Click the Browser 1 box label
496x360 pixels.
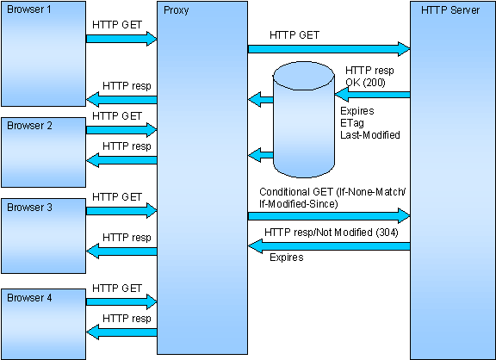28,9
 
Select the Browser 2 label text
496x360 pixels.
29,126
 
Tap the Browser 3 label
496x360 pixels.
29,208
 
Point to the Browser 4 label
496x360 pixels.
29,298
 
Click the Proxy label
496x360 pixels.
177,10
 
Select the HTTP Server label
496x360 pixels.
450,10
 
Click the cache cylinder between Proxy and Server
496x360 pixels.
304,120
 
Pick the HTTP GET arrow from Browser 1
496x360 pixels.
121,39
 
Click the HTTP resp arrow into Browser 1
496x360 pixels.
121,100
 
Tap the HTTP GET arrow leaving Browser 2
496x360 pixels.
121,130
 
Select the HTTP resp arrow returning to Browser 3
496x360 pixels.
121,251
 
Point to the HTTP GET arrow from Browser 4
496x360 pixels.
121,301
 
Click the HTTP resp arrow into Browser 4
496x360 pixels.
121,332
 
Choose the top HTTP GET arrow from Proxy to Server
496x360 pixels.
329,49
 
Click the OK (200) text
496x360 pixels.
365,83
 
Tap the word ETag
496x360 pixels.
352,123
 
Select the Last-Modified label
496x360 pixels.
370,135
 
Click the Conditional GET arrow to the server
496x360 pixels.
329,216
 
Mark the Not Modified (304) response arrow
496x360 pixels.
329,246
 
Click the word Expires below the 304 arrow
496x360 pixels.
287,258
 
